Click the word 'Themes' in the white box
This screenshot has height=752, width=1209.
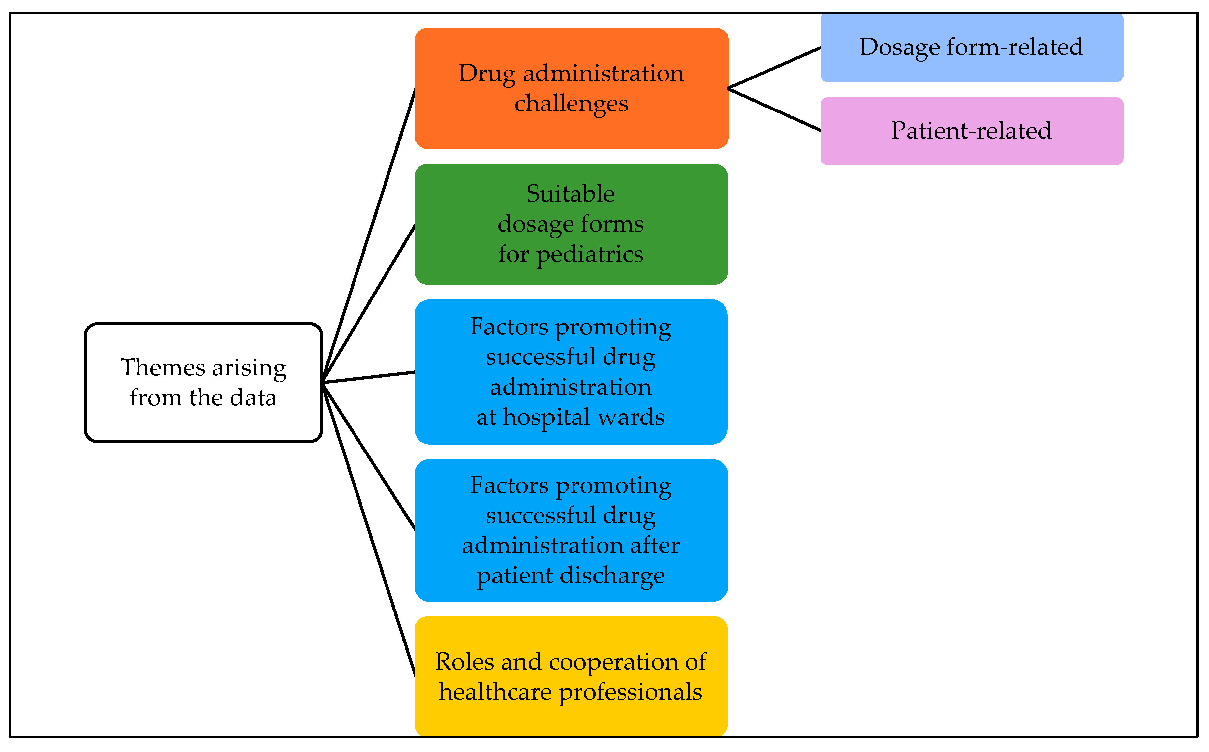(x=162, y=368)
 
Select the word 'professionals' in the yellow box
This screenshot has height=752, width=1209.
(x=630, y=692)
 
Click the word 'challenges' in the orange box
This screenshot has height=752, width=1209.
(x=572, y=104)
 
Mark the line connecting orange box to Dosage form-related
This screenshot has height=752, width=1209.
(x=774, y=68)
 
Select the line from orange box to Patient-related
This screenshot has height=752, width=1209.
(x=774, y=110)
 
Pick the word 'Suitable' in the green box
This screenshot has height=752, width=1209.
(x=571, y=194)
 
